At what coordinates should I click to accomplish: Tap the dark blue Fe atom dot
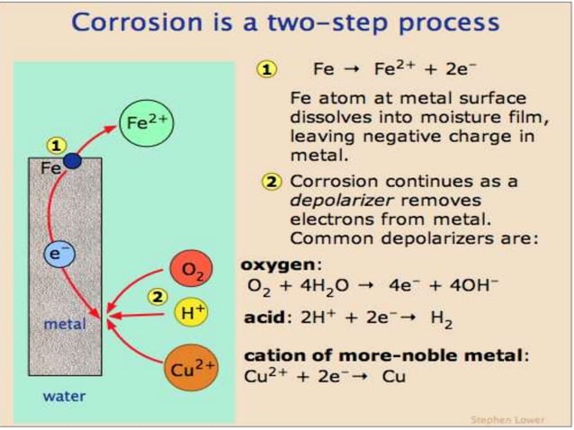[x=71, y=161]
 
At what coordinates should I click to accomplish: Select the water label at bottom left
[x=64, y=396]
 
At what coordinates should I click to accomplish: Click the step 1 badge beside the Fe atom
[x=56, y=145]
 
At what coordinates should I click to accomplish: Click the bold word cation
[x=274, y=355]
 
